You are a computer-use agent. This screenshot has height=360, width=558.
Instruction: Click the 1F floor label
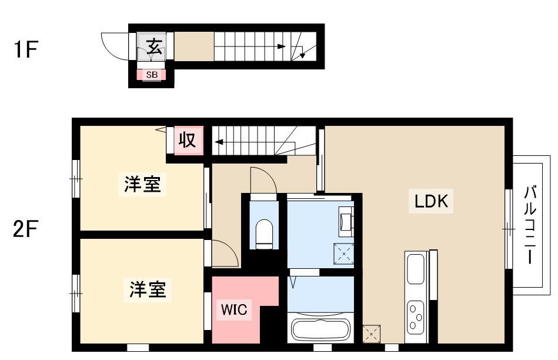coord(26,49)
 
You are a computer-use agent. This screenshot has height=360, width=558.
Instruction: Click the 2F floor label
coord(26,228)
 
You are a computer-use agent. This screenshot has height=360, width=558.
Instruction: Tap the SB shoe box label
coord(152,75)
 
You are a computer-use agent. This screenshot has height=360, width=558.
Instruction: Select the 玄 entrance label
coord(155,46)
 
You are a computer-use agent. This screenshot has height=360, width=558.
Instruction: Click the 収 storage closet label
coord(187,139)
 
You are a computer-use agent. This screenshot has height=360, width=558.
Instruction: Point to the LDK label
coord(431,201)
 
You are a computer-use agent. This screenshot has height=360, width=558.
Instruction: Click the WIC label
coord(234,309)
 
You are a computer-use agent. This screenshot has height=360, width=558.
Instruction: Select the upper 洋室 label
coord(142,184)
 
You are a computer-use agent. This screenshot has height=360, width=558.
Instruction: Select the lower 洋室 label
coord(148,289)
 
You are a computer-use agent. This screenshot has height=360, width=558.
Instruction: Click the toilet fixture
coord(264,234)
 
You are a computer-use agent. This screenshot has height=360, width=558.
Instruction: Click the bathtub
coord(320,327)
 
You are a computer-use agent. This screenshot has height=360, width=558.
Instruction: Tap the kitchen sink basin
coord(415,269)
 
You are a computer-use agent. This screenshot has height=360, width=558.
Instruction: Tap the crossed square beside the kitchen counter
coord(371,334)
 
